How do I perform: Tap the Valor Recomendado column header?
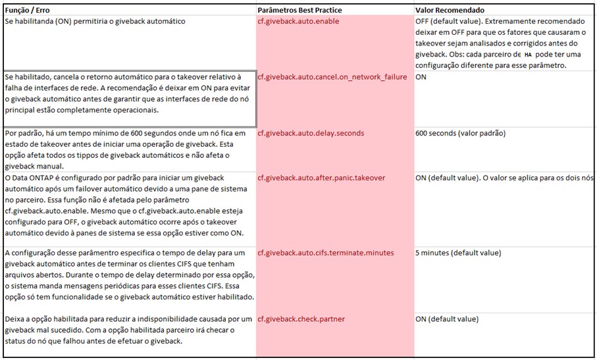click(x=450, y=11)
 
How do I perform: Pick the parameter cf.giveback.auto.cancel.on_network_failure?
click(x=332, y=77)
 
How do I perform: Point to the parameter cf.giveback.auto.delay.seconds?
click(x=311, y=133)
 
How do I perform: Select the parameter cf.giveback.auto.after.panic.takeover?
click(x=321, y=178)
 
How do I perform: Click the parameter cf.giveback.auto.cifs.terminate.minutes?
click(x=325, y=253)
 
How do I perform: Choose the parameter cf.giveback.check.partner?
click(x=301, y=319)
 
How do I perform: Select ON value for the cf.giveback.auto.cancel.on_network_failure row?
click(x=421, y=77)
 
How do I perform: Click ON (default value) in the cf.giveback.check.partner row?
click(x=447, y=319)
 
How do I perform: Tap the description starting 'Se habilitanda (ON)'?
click(x=95, y=22)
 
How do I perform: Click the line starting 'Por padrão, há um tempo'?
click(x=125, y=133)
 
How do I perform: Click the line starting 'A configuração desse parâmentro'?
click(x=125, y=253)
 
